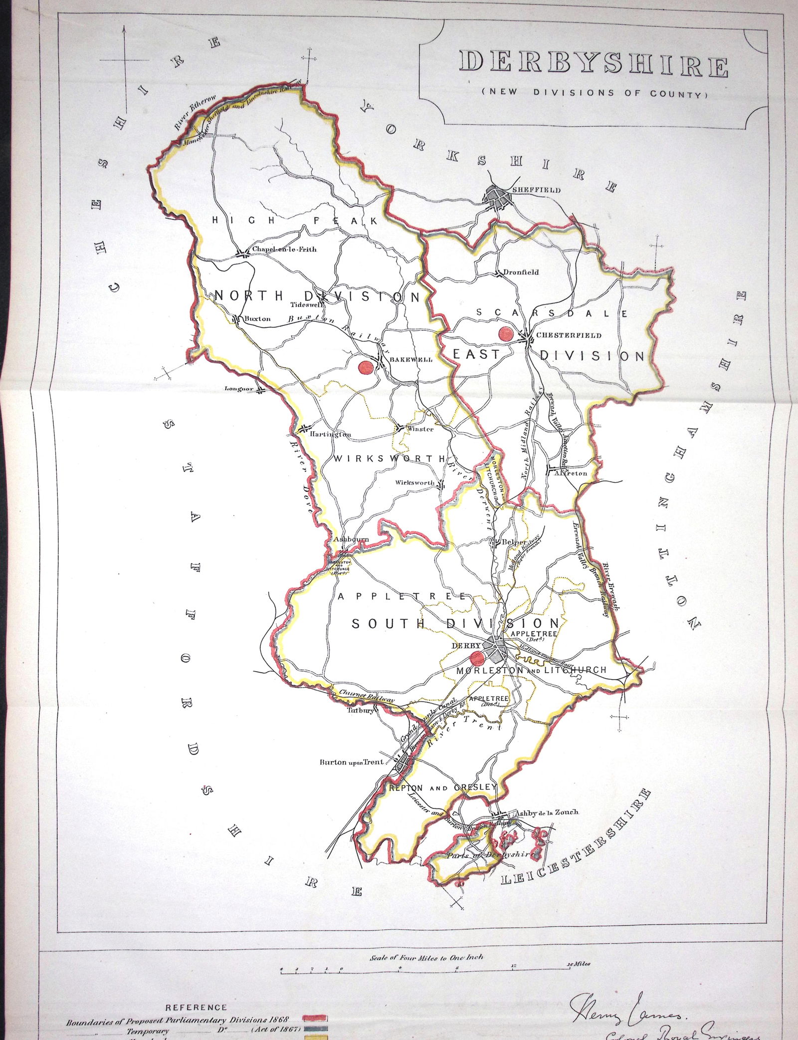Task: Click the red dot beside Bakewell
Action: [x=366, y=367]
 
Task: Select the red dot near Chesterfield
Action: [x=506, y=334]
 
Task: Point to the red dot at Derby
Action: [x=477, y=657]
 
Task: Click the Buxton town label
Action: [x=257, y=318]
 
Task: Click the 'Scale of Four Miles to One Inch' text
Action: [x=426, y=930]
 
